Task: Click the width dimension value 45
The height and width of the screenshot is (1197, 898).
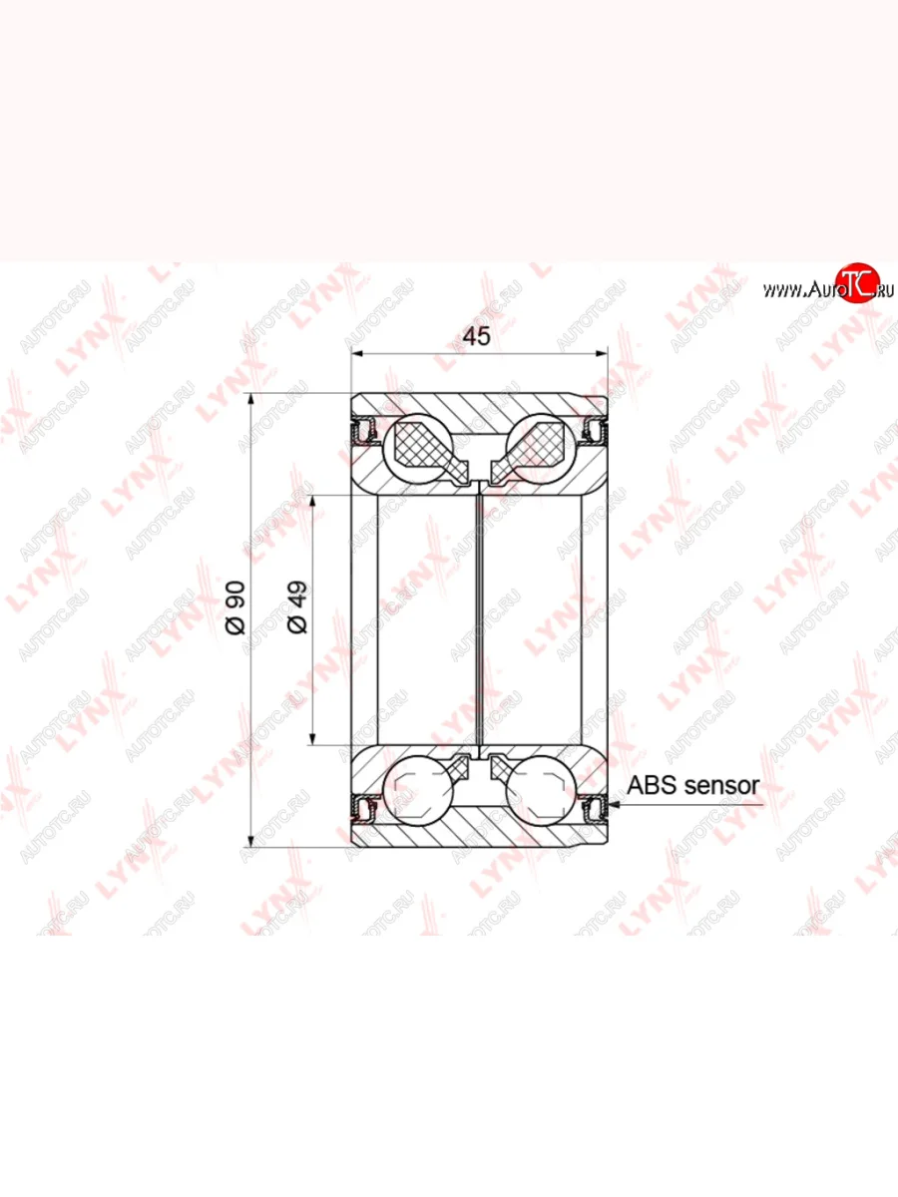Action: tap(477, 336)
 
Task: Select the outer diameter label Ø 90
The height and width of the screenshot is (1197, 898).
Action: tap(236, 607)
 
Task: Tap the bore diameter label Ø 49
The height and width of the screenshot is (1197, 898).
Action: tap(297, 607)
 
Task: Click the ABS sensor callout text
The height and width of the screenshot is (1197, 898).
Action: tap(693, 786)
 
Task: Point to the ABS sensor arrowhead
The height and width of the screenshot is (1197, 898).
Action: tap(614, 804)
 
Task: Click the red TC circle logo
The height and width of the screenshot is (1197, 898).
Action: tap(858, 282)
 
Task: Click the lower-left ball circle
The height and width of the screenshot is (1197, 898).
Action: tap(419, 791)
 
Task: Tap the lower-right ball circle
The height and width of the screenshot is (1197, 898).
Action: tap(541, 791)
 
